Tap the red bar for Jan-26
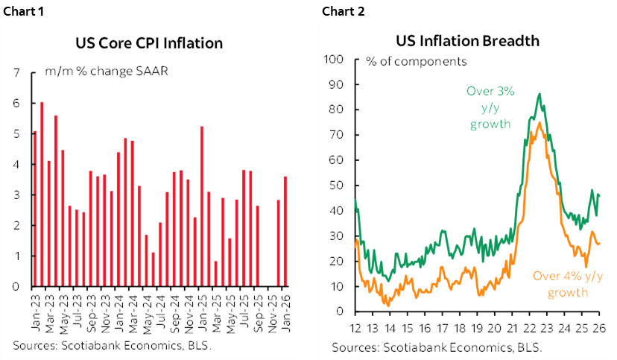point(285,231)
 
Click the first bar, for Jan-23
point(34,209)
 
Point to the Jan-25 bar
point(202,206)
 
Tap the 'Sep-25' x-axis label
point(258,309)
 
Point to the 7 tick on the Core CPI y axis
point(16,73)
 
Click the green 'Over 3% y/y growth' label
point(489,107)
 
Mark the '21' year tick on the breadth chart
point(512,326)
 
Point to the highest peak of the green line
point(539,94)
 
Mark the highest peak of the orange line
point(538,122)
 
